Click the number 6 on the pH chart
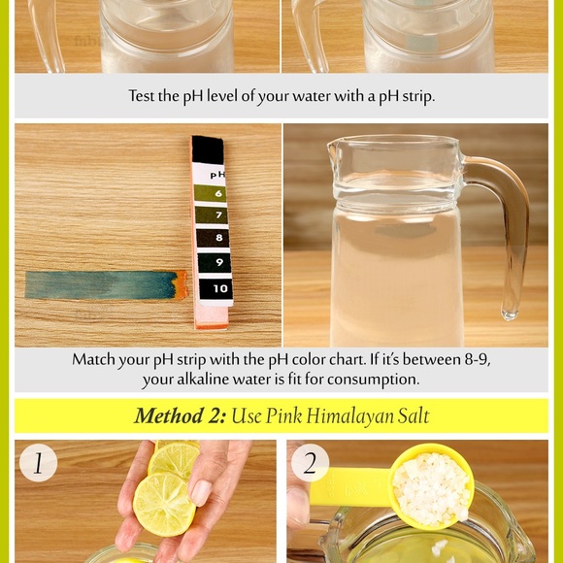(x=218, y=193)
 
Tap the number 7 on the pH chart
(x=219, y=215)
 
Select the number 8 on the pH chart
(x=219, y=238)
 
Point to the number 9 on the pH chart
(x=219, y=262)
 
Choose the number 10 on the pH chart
(x=220, y=288)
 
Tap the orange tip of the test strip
(x=182, y=284)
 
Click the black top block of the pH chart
(x=208, y=149)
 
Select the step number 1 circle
(x=38, y=463)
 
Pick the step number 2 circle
(x=310, y=463)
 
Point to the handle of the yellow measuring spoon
(x=350, y=487)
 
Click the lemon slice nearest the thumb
(x=164, y=504)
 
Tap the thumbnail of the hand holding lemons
(x=201, y=493)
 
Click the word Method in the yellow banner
(x=168, y=415)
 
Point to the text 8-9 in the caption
(x=478, y=359)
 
